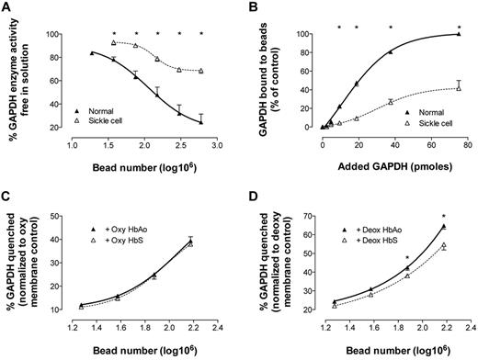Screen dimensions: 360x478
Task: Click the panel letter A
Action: [x=8, y=8]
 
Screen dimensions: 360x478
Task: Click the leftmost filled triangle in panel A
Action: [x=91, y=53]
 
